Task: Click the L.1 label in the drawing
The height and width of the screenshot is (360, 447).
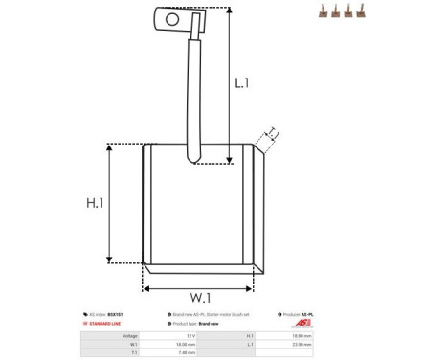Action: [242, 83]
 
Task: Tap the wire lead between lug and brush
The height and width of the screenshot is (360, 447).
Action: [195, 96]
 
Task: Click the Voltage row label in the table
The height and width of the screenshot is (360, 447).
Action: [130, 336]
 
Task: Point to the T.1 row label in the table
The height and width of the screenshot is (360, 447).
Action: [133, 353]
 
